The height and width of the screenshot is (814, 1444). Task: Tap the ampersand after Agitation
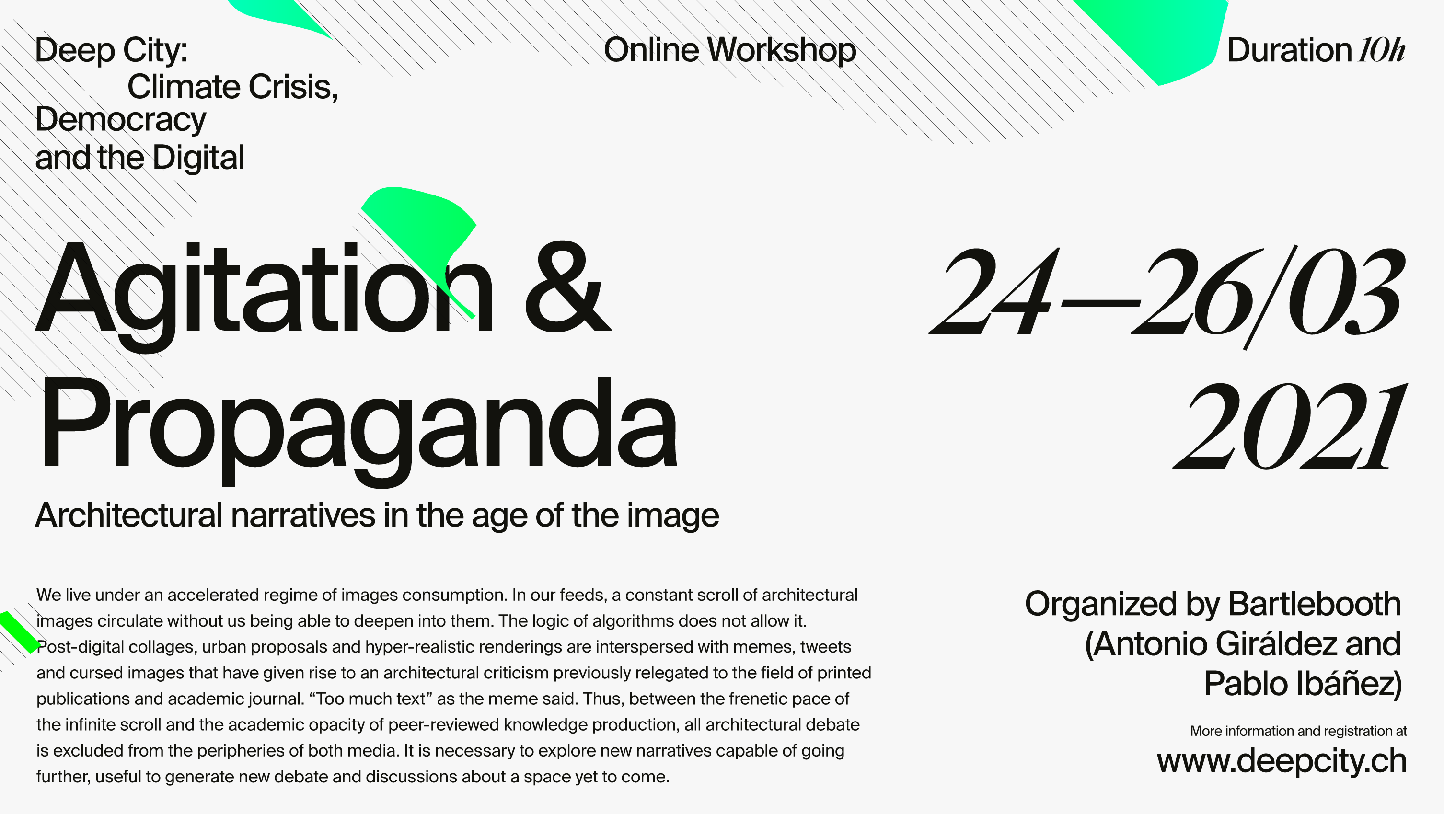point(568,287)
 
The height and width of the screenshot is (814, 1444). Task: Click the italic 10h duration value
point(1382,50)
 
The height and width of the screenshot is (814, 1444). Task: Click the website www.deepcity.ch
point(1282,762)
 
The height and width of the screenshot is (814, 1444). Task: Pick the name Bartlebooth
point(1315,604)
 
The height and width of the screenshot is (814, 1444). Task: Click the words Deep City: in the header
point(111,50)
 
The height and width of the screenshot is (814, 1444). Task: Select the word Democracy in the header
point(120,120)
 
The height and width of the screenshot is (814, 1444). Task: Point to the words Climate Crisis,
point(232,87)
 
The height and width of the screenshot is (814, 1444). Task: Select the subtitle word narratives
point(303,516)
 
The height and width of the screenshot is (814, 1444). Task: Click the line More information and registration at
point(1298,731)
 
